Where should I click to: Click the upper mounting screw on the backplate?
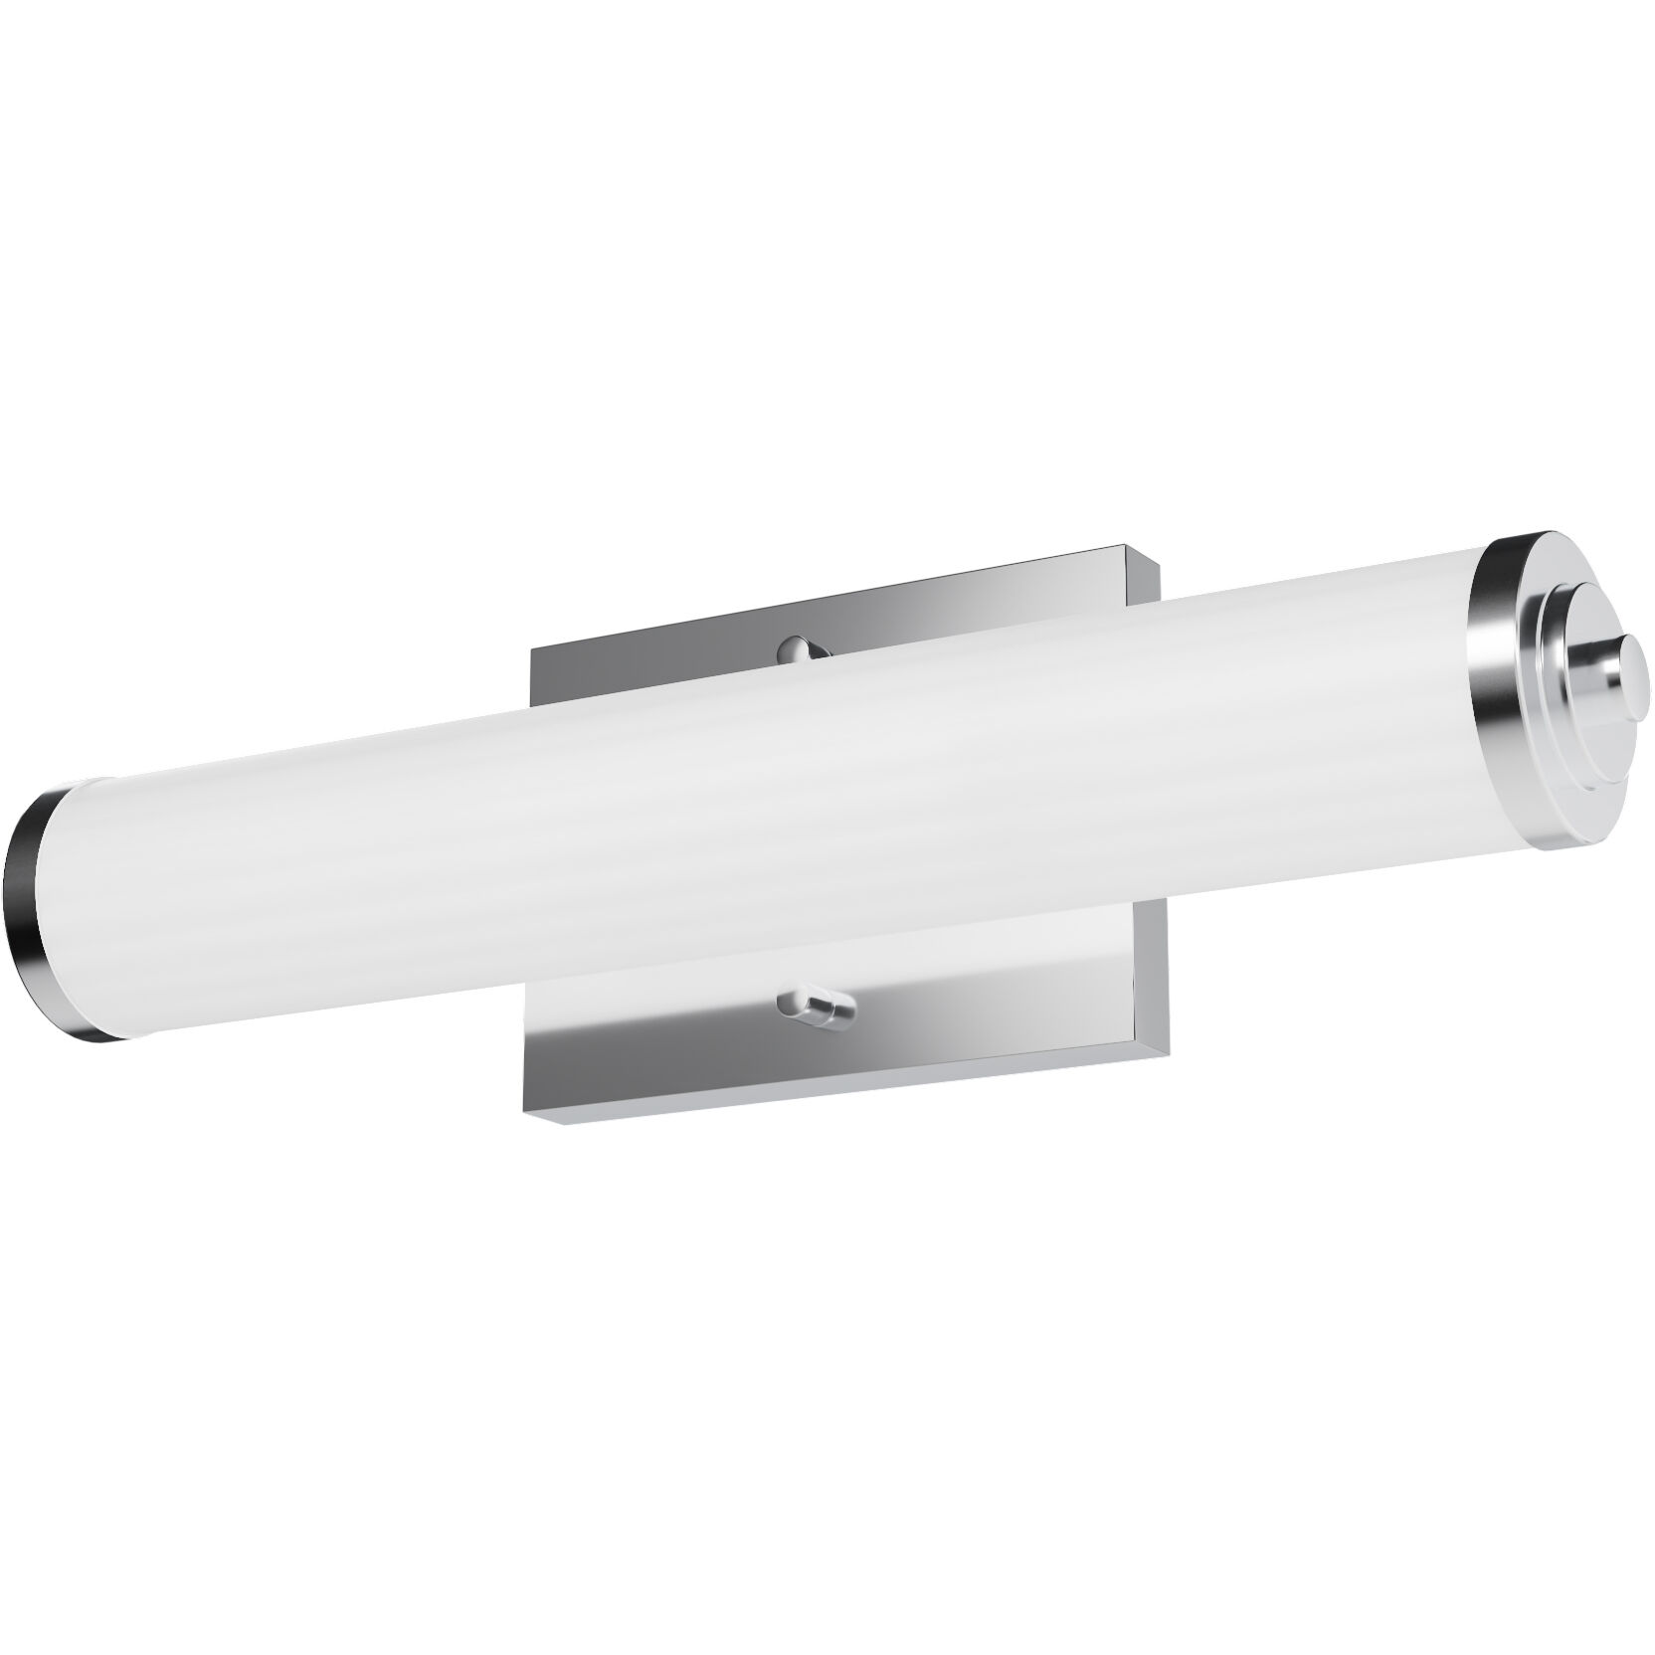(x=804, y=648)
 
